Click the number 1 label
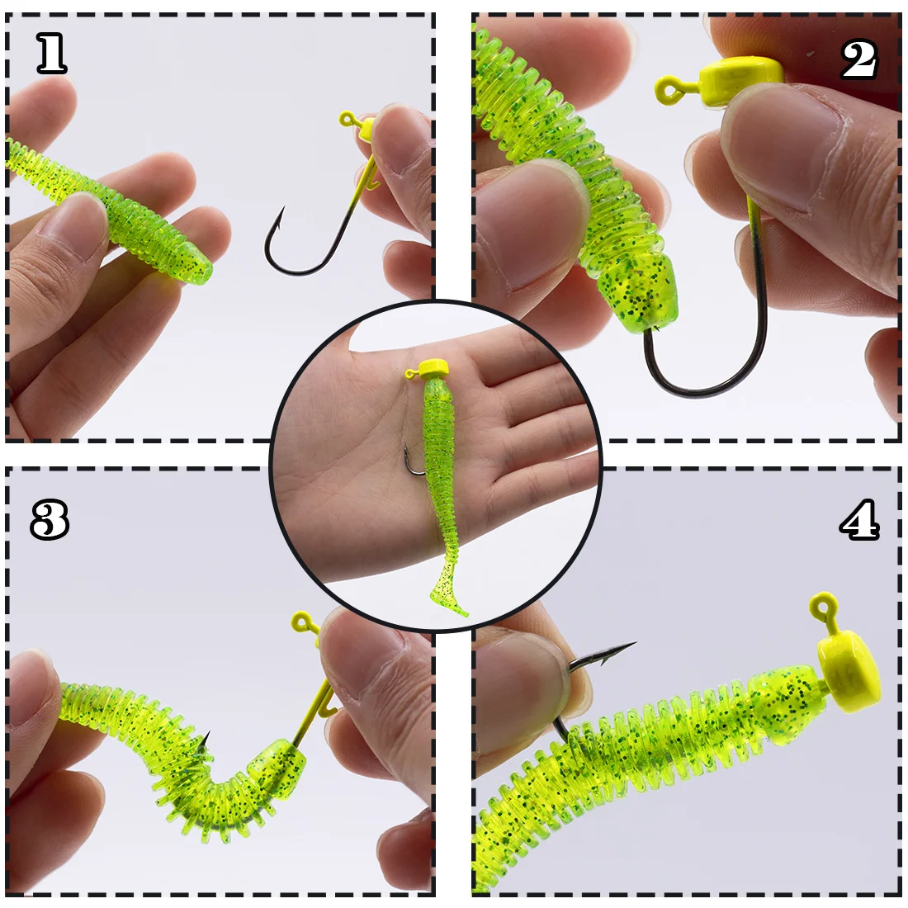52,54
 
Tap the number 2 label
859,59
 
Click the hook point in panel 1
281,210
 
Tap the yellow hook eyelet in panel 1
347,120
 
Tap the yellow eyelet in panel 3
301,622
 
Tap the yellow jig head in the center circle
433,368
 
